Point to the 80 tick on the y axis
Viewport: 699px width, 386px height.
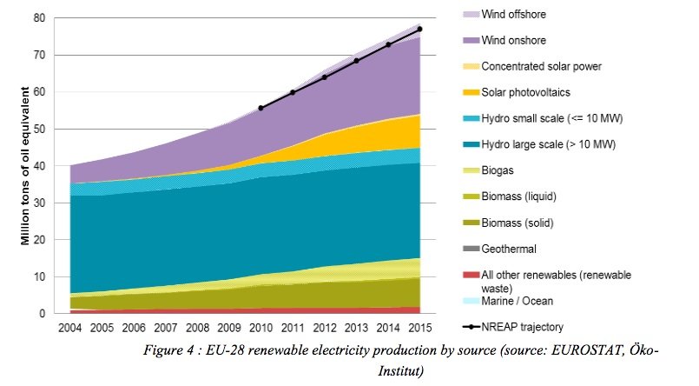(x=40, y=17)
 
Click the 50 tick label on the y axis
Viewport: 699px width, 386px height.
(x=40, y=129)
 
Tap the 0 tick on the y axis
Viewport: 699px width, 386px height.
(x=43, y=314)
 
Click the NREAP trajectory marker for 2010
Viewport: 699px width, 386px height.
(x=260, y=108)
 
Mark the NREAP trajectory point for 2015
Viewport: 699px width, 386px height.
(x=419, y=29)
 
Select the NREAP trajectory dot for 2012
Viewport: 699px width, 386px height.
(x=324, y=77)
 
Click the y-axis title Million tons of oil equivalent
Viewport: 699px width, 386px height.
(x=27, y=166)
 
